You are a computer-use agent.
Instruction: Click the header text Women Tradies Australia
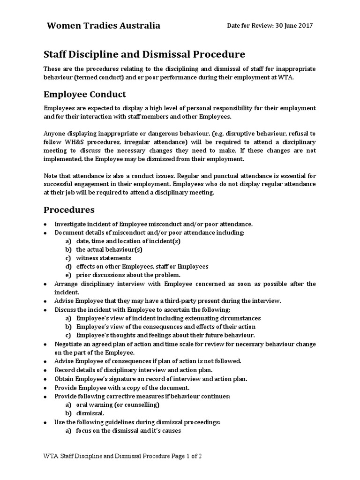tap(103, 26)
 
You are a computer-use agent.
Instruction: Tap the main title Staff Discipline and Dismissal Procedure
tap(144, 55)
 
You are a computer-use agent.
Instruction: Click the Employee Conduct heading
tap(85, 94)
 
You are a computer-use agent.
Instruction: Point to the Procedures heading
tap(69, 209)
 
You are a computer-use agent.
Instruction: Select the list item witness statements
tap(103, 258)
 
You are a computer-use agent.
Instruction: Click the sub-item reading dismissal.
tap(90, 413)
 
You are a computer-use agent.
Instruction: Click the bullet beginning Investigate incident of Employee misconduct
tap(153, 224)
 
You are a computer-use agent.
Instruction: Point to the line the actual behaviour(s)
tap(109, 249)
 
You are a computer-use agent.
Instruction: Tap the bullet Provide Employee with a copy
tap(122, 388)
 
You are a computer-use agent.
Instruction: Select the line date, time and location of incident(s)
tap(128, 241)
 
